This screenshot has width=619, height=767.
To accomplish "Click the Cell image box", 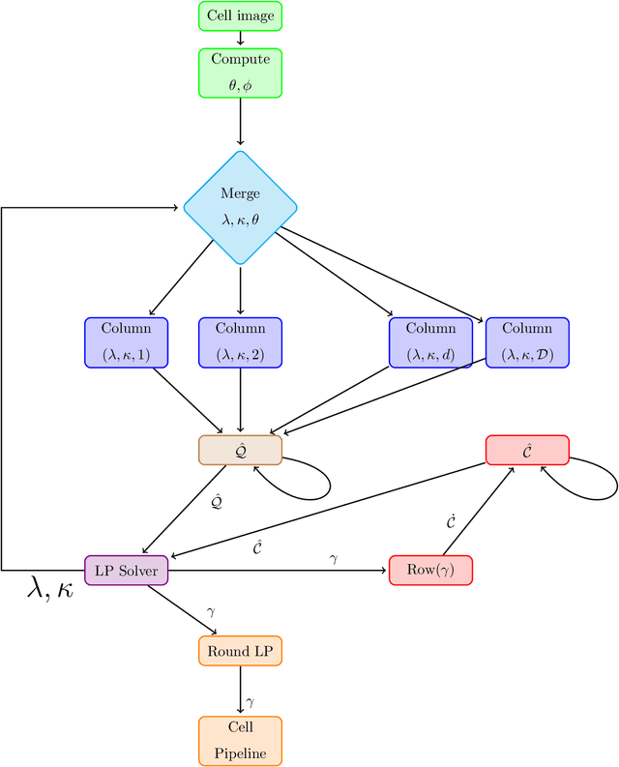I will [240, 16].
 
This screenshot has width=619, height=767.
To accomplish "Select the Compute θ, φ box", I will [240, 72].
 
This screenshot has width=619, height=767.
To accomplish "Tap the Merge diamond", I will [240, 207].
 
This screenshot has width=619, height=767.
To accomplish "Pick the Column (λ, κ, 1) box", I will [126, 342].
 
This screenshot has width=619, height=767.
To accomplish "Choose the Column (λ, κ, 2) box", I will [240, 342].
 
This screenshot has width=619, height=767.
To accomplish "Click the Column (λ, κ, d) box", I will [430, 342].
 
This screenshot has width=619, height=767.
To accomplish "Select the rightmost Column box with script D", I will [527, 342].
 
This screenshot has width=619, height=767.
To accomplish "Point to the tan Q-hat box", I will [240, 450].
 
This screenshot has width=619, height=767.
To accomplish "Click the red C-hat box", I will [527, 450].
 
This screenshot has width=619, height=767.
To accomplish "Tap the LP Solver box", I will [127, 571].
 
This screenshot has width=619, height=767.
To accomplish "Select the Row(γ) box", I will [430, 571].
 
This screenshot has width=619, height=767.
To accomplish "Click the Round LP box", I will [240, 650].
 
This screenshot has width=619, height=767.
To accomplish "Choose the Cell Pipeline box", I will [240, 741].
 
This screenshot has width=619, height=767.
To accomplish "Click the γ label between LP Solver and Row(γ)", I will [334, 560].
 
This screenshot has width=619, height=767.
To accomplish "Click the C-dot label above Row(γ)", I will [452, 522].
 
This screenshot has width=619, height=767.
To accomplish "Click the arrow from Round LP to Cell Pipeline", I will [240, 691].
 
